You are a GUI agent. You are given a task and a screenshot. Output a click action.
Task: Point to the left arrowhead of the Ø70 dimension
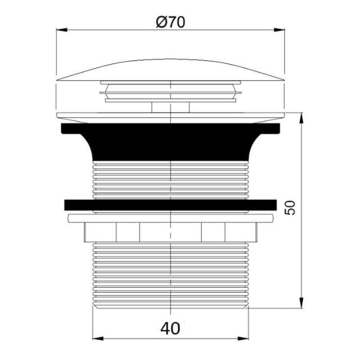tap(60, 30)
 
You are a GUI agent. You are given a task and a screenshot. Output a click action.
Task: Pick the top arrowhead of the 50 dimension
tap(303, 115)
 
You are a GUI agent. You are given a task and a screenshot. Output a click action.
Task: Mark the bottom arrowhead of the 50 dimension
tap(303, 304)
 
